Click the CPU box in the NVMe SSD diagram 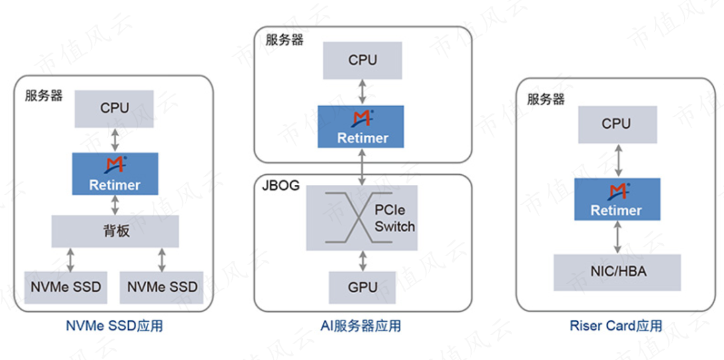pos(115,107)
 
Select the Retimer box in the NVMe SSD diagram pos(115,174)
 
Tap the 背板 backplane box pos(115,231)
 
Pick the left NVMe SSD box pos(66,287)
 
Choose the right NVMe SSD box pos(162,287)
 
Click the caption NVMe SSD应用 pos(115,326)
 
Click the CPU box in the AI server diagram pos(363,60)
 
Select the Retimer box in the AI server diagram pos(363,127)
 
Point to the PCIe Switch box pos(363,217)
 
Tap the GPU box pos(363,287)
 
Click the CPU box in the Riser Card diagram pos(616,124)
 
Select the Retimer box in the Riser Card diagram pos(617,199)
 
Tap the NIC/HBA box pos(617,272)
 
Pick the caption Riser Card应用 pos(616,326)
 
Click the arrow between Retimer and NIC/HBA pos(617,237)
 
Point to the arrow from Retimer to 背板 pos(115,205)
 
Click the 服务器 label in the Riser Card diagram pos(546,100)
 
